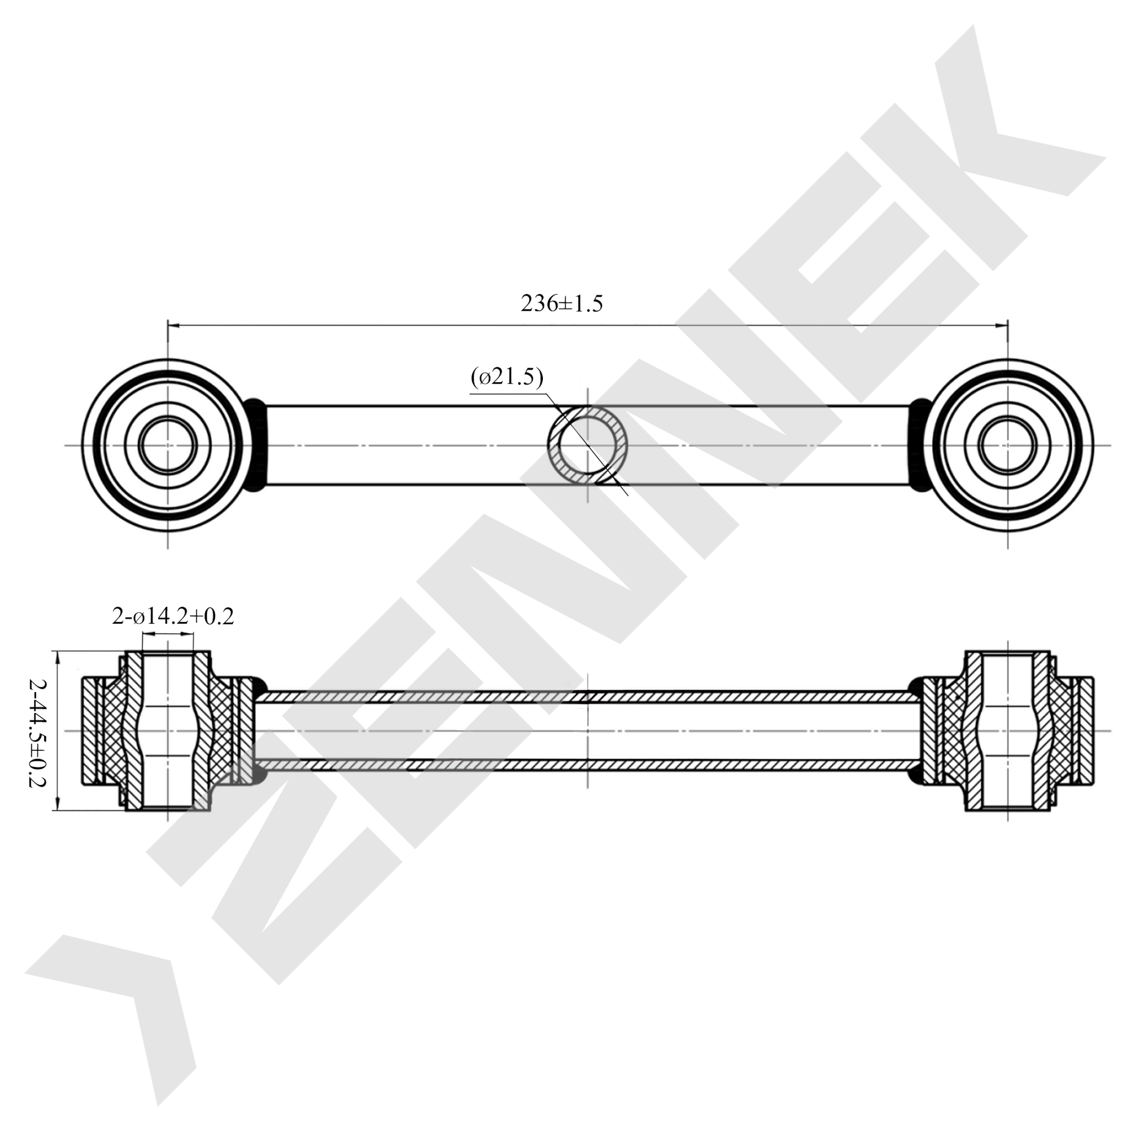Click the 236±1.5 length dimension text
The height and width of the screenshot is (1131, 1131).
coord(561,303)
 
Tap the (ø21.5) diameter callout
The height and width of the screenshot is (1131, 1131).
coord(507,378)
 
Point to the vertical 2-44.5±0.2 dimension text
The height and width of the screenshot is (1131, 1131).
coord(38,733)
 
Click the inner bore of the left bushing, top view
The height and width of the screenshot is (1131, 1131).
coord(168,445)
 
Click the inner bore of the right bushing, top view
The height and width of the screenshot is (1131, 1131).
coord(1007,445)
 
